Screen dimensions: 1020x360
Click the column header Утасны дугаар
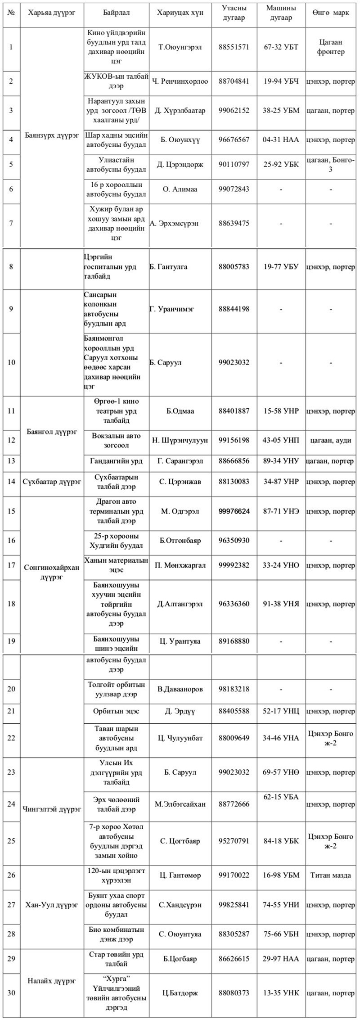point(234,13)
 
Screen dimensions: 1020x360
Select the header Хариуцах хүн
point(180,13)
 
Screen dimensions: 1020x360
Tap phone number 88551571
point(234,47)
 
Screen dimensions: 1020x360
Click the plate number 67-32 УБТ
point(281,47)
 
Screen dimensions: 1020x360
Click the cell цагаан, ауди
point(330,440)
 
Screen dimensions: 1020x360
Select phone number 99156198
point(234,440)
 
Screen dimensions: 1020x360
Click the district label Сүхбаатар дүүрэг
point(52,482)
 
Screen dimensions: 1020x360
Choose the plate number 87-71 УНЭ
point(281,511)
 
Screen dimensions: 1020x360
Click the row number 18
point(11,604)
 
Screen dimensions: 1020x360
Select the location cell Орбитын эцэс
point(116,711)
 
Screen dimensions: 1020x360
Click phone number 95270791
point(234,841)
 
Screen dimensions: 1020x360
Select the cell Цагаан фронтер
point(330,47)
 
